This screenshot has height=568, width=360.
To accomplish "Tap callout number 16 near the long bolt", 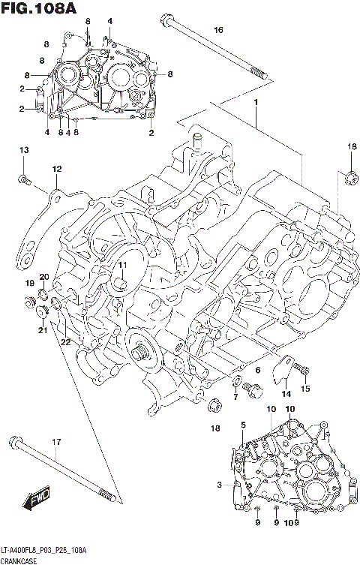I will click(218, 30).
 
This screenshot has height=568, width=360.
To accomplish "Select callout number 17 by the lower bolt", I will click(56, 442).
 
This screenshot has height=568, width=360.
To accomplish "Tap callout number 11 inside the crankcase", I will click(121, 266).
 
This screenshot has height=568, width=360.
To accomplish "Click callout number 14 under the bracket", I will click(286, 393).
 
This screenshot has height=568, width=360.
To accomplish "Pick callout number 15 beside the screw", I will click(305, 388).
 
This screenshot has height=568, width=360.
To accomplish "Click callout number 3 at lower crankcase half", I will click(219, 485).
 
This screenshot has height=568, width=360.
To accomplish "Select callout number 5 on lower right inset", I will click(243, 425).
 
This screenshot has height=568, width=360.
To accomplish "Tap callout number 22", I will click(65, 342).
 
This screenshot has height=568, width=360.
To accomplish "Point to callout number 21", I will click(43, 331).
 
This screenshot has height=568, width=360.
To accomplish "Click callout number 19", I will click(30, 283).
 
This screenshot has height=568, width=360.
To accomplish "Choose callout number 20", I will click(44, 277).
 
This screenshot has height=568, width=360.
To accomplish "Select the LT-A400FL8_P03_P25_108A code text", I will click(45, 551).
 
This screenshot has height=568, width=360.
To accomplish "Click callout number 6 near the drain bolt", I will click(256, 370).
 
